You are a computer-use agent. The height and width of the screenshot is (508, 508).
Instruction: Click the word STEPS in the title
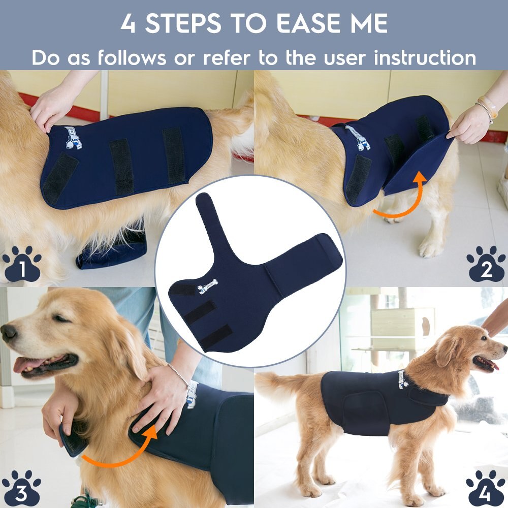[188, 24]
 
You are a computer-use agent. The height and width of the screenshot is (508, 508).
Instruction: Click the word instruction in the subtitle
[425, 57]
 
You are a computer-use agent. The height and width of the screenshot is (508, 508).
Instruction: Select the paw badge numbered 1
[22, 264]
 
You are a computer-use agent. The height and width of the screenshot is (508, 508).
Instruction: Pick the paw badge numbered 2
[486, 264]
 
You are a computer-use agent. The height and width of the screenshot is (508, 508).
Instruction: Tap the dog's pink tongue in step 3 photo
[25, 364]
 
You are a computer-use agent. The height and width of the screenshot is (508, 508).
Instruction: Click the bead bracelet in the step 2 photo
[485, 109]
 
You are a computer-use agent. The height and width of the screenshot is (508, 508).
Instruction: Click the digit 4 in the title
[128, 24]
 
